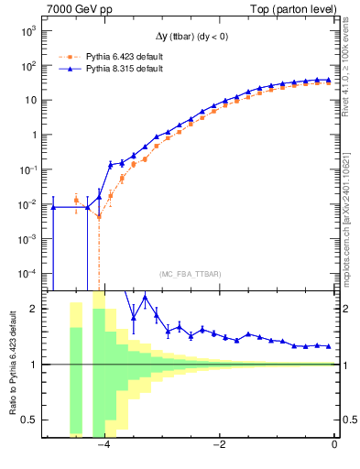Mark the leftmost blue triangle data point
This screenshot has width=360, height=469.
53,207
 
